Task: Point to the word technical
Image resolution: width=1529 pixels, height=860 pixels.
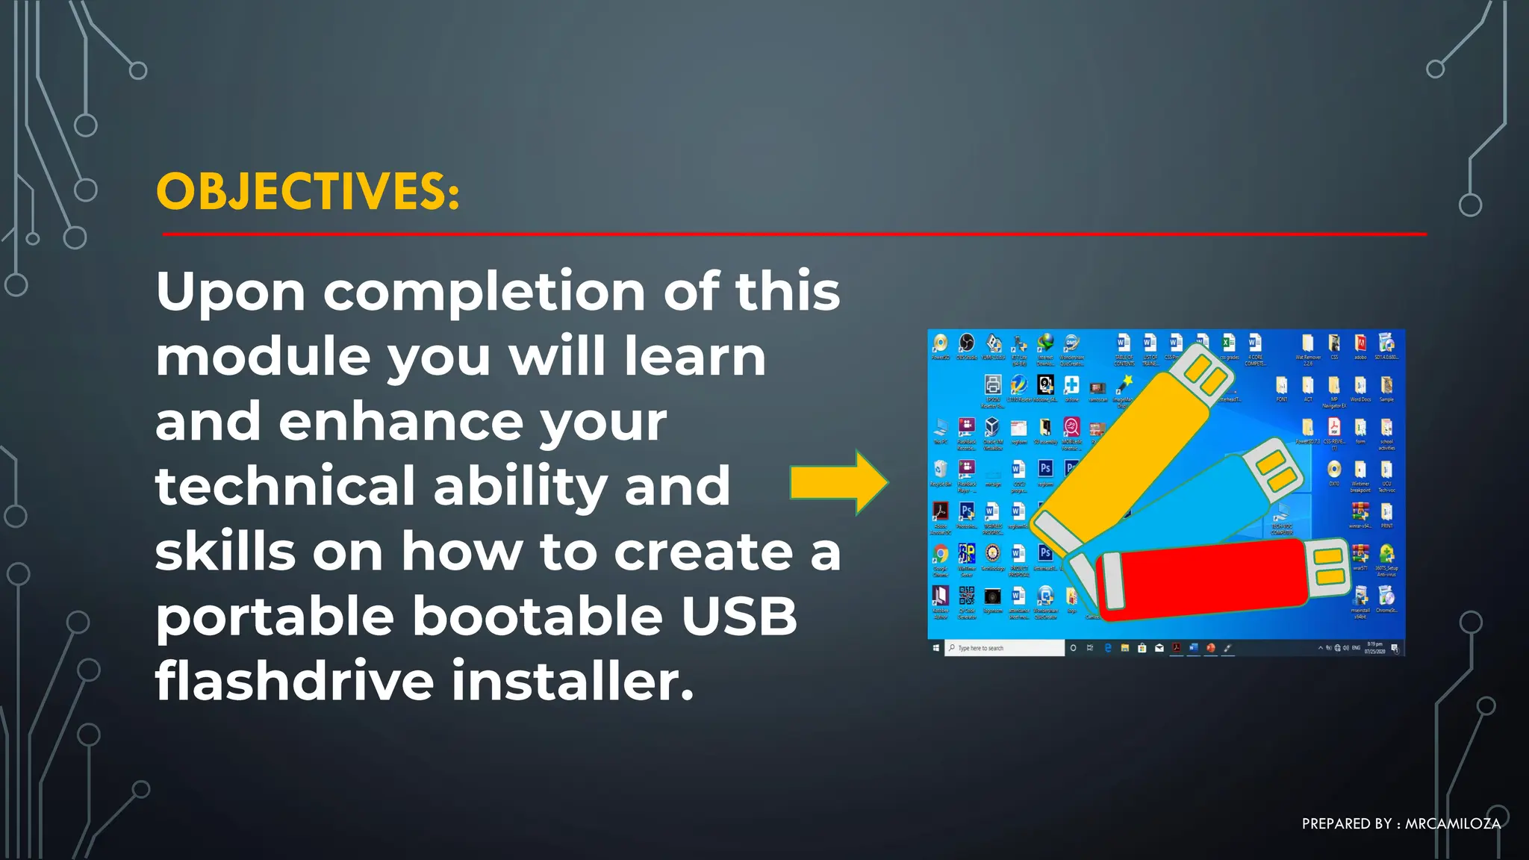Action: coord(284,486)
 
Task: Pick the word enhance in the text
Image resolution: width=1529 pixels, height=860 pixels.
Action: coord(400,421)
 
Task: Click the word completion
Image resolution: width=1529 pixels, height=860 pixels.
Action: coord(484,291)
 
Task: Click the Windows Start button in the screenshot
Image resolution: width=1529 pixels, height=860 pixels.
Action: coord(936,648)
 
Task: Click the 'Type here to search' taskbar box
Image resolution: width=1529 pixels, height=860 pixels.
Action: coord(1005,648)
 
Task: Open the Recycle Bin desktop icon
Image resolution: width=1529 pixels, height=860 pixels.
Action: coord(941,472)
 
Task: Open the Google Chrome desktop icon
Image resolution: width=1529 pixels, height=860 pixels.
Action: coord(941,557)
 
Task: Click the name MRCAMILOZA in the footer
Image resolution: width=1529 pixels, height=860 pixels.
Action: coord(1452,824)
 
